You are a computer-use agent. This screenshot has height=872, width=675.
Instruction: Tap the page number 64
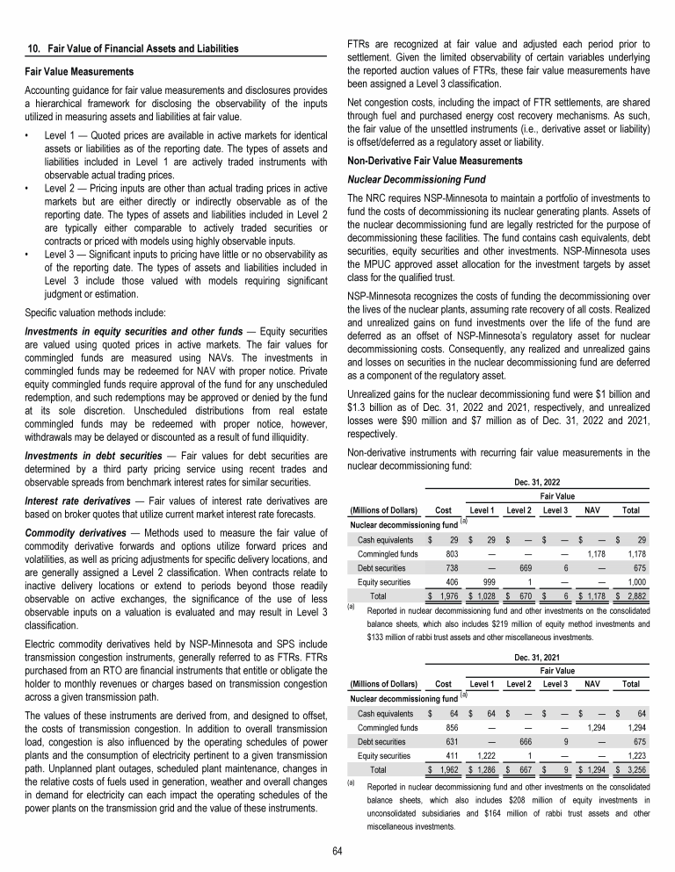337,851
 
